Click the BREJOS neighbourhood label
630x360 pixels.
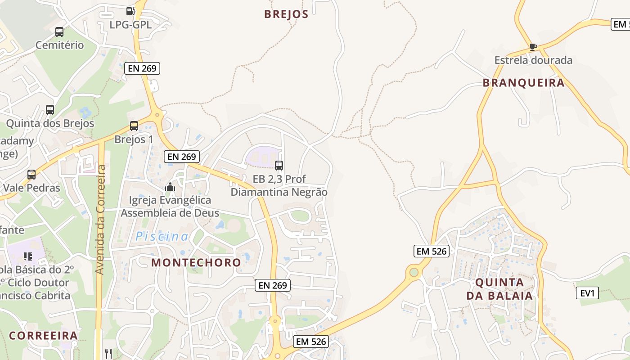click(x=286, y=14)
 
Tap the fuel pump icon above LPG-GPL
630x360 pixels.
click(x=130, y=11)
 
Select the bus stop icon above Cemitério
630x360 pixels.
click(x=59, y=32)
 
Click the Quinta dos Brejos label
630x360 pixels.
click(x=50, y=123)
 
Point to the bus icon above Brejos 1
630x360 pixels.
click(x=134, y=126)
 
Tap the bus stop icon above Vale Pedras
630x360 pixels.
click(x=31, y=175)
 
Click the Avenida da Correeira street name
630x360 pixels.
click(x=100, y=220)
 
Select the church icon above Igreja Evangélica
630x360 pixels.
click(x=170, y=186)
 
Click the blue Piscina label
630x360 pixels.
click(x=162, y=236)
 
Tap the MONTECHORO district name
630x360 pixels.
click(x=196, y=262)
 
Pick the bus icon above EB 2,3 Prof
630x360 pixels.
click(x=279, y=166)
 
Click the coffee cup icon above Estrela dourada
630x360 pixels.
click(x=533, y=47)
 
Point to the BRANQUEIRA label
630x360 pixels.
click(x=523, y=83)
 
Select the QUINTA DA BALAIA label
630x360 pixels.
click(x=499, y=289)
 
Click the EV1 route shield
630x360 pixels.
click(x=587, y=293)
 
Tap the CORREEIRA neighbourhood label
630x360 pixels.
click(x=43, y=336)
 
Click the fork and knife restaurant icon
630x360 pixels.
click(x=108, y=354)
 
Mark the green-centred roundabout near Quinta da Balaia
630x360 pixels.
click(x=414, y=272)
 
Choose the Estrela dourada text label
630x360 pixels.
click(x=533, y=60)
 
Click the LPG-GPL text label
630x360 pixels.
click(x=130, y=24)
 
